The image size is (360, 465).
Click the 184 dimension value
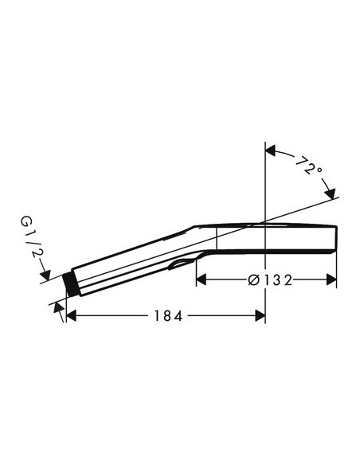pyautogui.click(x=168, y=316)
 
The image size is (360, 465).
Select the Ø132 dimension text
pyautogui.click(x=270, y=280)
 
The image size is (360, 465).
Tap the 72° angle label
pyautogui.click(x=309, y=166)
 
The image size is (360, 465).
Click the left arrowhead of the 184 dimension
pyautogui.click(x=71, y=316)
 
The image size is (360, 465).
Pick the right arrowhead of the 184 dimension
pyautogui.click(x=260, y=316)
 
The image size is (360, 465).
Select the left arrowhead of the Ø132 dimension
pyautogui.click(x=201, y=279)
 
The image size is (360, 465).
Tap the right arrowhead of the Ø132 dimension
pyautogui.click(x=331, y=279)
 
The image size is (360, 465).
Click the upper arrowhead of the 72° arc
pyautogui.click(x=271, y=150)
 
